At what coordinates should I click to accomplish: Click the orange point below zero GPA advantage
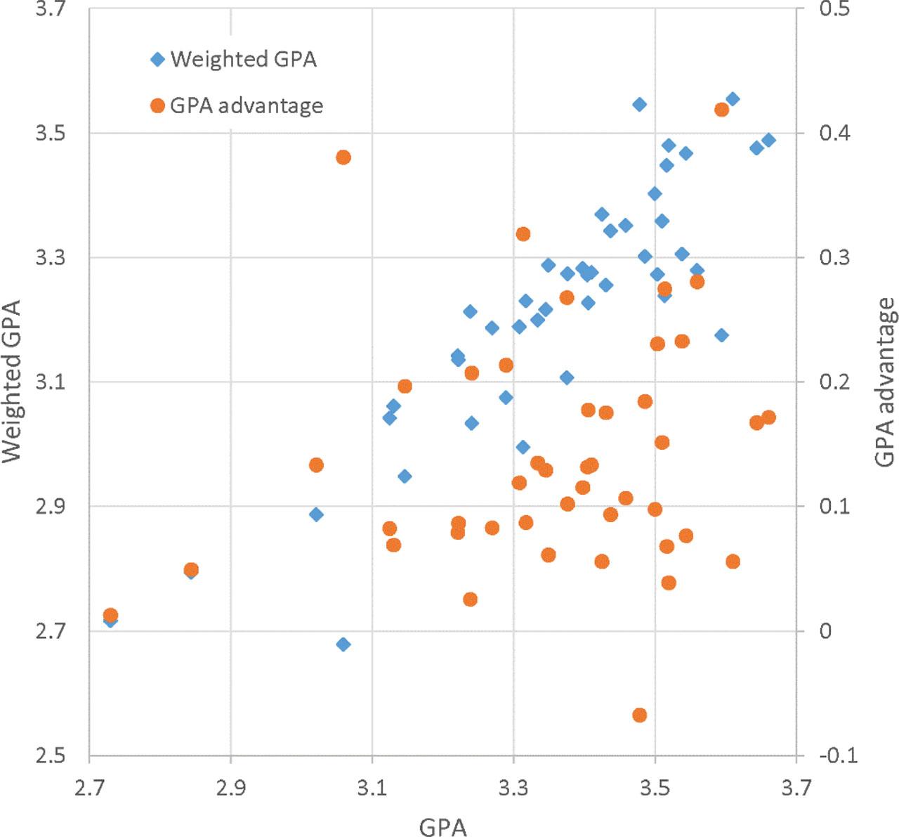point(639,715)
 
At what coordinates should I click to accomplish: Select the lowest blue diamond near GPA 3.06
point(343,644)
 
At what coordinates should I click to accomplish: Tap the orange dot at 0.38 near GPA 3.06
point(343,157)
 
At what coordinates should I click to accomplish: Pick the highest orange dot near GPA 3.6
point(721,110)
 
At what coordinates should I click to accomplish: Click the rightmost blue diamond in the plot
point(768,140)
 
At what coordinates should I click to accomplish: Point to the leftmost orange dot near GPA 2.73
point(110,616)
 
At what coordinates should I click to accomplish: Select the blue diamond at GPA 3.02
point(316,514)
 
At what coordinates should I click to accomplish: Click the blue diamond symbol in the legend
point(157,60)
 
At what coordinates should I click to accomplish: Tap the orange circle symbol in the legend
point(157,106)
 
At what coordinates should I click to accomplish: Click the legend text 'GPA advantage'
point(247,106)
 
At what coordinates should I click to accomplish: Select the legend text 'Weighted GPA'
point(243,60)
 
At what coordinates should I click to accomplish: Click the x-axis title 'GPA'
point(442,826)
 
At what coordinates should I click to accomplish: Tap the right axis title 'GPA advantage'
point(885,382)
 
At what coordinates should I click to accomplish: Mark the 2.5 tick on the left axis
point(51,755)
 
